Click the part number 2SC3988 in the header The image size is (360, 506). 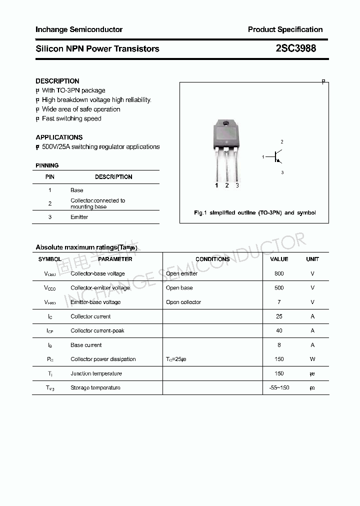(295, 48)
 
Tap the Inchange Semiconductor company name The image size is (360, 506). (79, 29)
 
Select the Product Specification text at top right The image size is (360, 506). (285, 29)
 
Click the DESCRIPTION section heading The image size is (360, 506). (57, 81)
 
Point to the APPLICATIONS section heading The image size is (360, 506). (59, 137)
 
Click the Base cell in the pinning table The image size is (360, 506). (77, 190)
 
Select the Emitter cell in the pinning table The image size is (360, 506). (79, 217)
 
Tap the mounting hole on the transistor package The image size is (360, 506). (226, 123)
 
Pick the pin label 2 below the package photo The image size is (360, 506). (227, 185)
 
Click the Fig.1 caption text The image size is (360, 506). (254, 212)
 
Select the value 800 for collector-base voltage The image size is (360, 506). (279, 273)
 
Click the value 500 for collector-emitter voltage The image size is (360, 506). (279, 287)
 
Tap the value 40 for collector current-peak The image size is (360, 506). (279, 330)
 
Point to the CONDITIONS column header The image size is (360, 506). (212, 259)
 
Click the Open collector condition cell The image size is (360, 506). (183, 302)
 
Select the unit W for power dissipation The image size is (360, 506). (312, 359)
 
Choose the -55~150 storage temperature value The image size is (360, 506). (279, 387)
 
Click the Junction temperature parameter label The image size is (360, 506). (96, 373)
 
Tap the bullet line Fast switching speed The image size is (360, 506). (71, 118)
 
